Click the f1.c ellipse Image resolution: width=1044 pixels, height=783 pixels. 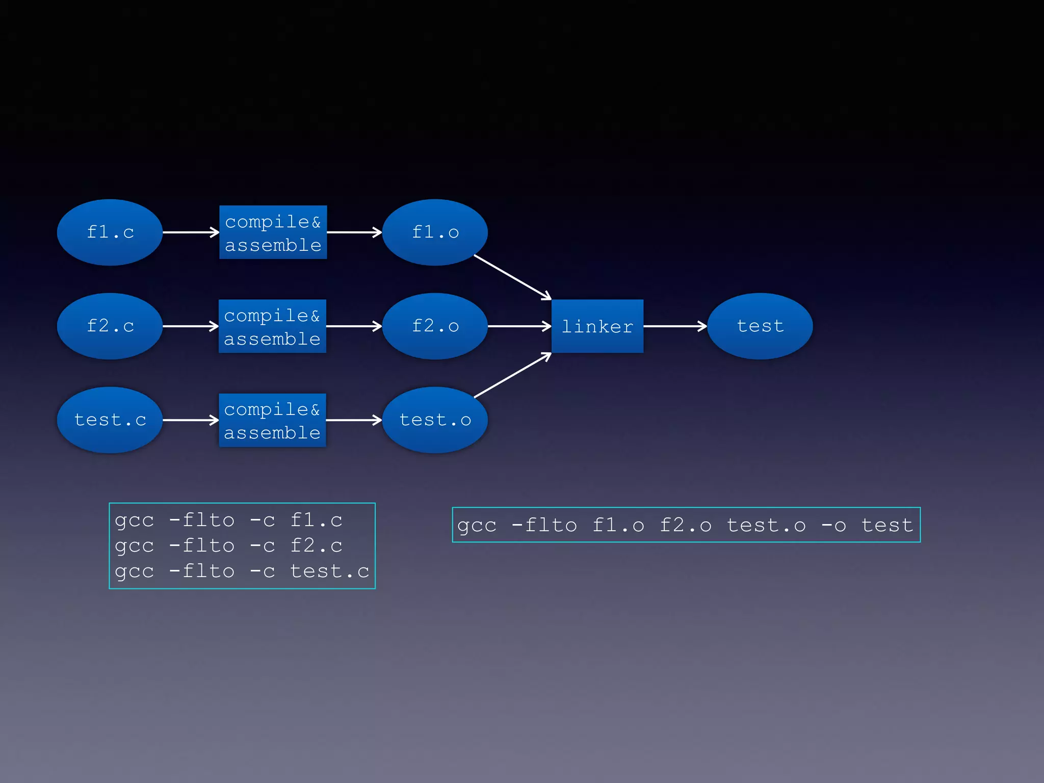coord(110,232)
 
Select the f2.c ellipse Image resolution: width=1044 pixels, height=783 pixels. coord(110,326)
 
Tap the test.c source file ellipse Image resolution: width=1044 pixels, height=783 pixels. coord(110,420)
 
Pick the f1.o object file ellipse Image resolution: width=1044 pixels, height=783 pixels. coord(435,232)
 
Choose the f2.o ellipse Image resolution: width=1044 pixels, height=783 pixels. coord(435,326)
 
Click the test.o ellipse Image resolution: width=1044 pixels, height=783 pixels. coord(435,420)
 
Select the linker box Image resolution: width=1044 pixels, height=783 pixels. coord(597,326)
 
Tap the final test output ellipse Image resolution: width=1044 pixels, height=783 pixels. coord(760,326)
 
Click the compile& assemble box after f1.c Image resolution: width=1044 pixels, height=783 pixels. coord(273,232)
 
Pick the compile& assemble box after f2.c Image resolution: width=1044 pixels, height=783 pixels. coord(272,326)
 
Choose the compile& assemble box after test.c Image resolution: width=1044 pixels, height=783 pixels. coord(272,420)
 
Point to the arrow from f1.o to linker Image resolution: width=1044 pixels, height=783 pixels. coord(512,277)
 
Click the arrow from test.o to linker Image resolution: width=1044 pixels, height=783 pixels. coord(512,375)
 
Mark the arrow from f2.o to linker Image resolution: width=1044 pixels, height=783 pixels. coord(519,326)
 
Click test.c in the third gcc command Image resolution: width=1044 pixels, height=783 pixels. coord(329,571)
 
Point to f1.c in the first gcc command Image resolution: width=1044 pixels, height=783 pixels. coord(316,520)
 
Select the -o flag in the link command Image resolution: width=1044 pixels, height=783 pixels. coord(833,526)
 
